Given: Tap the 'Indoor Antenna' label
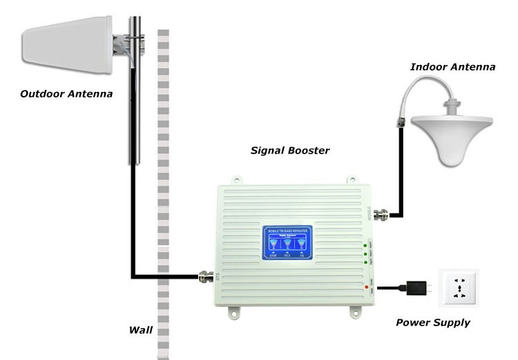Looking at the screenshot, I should [452, 67].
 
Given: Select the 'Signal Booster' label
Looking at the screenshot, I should [289, 150].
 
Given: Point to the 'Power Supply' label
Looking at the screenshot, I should [433, 322].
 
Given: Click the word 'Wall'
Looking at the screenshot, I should [141, 329].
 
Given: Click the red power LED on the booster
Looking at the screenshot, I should [363, 285].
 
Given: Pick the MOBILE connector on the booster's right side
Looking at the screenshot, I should [380, 214].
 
